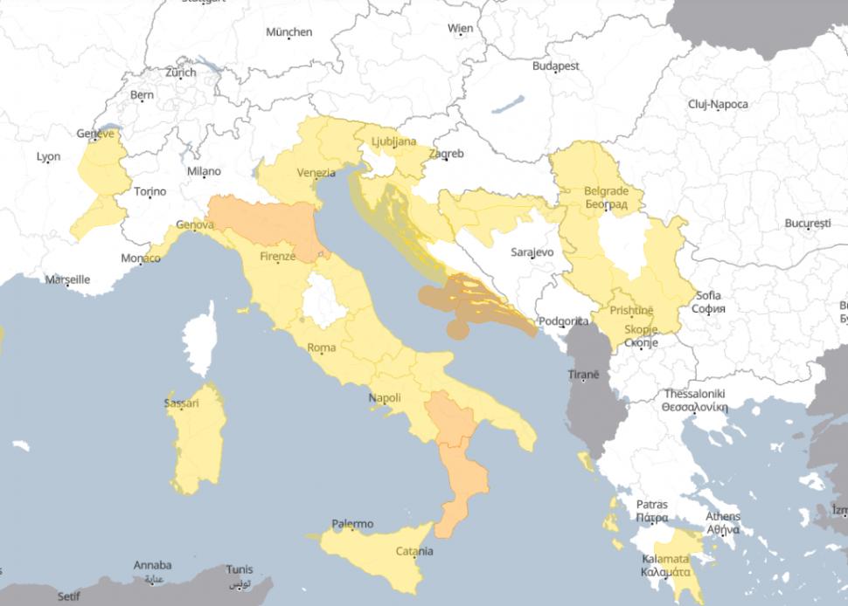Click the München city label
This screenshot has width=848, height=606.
[x=288, y=32]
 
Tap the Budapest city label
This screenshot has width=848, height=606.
[x=556, y=65]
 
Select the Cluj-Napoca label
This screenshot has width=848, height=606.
[x=718, y=104]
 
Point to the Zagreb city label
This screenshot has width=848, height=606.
[x=446, y=154]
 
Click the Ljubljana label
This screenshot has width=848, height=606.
[x=393, y=141]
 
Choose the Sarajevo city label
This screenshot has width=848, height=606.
[x=532, y=251]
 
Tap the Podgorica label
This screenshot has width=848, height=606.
[x=563, y=320]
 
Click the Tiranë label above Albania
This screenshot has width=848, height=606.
[x=584, y=374]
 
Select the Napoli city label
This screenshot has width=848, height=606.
[x=385, y=398]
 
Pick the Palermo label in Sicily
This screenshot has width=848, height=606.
[x=352, y=524]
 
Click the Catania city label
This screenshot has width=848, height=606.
[x=414, y=551]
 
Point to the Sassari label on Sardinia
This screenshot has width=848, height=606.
[x=181, y=403]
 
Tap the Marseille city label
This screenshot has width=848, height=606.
[x=67, y=279]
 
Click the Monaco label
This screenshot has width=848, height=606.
[x=140, y=258]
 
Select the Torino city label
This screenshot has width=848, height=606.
[x=149, y=191]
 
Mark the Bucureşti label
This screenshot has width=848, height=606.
[x=806, y=224]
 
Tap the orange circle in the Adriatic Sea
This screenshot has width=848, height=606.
[x=457, y=328]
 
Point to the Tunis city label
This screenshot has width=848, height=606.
[x=239, y=569]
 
